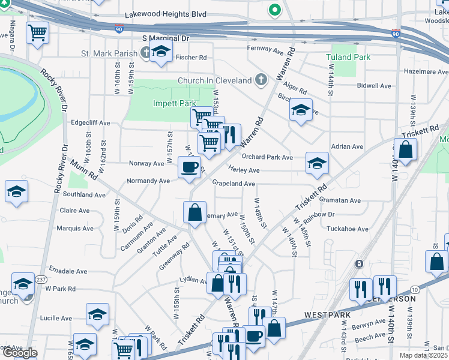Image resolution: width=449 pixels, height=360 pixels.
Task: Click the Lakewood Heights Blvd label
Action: (165, 14)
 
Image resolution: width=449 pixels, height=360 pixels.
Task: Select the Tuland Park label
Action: (348, 57)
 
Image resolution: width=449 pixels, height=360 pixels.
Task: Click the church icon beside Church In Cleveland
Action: (261, 79)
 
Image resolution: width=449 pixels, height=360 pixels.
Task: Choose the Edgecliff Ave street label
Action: (91, 122)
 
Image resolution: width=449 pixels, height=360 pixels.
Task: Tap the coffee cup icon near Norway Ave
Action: (190, 167)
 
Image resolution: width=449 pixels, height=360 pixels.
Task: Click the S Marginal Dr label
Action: (166, 38)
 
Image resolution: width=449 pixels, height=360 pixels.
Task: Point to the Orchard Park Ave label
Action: (267, 157)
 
